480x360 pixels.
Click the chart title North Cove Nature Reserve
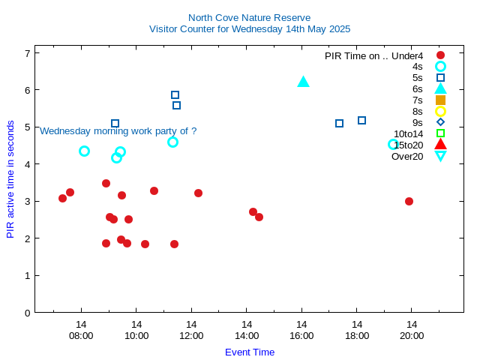249,17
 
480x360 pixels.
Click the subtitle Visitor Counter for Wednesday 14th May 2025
249,29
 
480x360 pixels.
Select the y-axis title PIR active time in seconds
10,179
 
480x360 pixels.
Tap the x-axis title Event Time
249,352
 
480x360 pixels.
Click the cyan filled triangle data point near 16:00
303,82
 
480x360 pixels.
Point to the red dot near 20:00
409,201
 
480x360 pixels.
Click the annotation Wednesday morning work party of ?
118,130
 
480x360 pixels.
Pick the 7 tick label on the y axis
27,53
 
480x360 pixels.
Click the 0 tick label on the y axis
27,312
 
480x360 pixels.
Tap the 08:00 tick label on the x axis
81,335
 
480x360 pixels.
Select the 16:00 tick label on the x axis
301,335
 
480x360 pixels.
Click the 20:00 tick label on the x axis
412,335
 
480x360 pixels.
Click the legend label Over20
407,156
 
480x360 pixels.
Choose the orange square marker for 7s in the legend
440,100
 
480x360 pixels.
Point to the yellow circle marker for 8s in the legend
440,111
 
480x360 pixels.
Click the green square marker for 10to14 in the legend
440,133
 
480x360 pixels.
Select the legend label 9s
417,122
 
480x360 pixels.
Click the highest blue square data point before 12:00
175,94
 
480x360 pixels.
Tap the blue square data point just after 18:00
361,120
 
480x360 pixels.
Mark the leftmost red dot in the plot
62,198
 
